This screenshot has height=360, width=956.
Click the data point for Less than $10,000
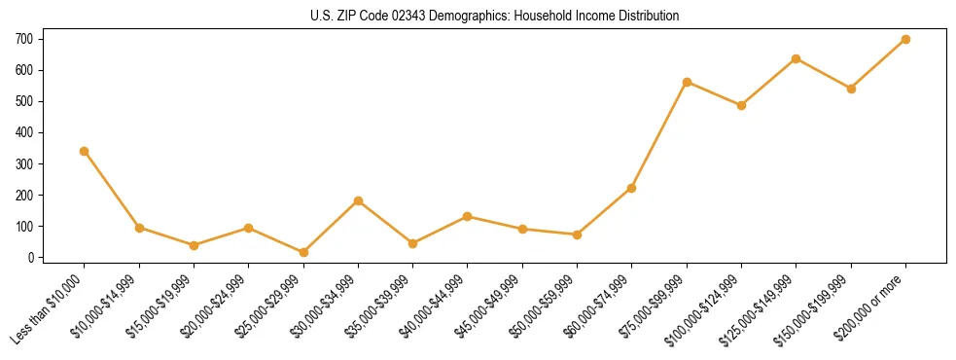click(x=85, y=151)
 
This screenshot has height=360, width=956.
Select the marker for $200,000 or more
click(x=906, y=39)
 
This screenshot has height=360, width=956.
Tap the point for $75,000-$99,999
click(x=687, y=82)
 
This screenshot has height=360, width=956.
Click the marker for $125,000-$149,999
click(x=797, y=58)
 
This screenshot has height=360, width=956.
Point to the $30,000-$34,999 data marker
click(x=358, y=200)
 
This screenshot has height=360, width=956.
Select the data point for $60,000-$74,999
click(x=632, y=188)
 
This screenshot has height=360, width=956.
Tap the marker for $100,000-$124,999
click(x=742, y=105)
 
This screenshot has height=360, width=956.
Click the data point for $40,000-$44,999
click(x=468, y=216)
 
